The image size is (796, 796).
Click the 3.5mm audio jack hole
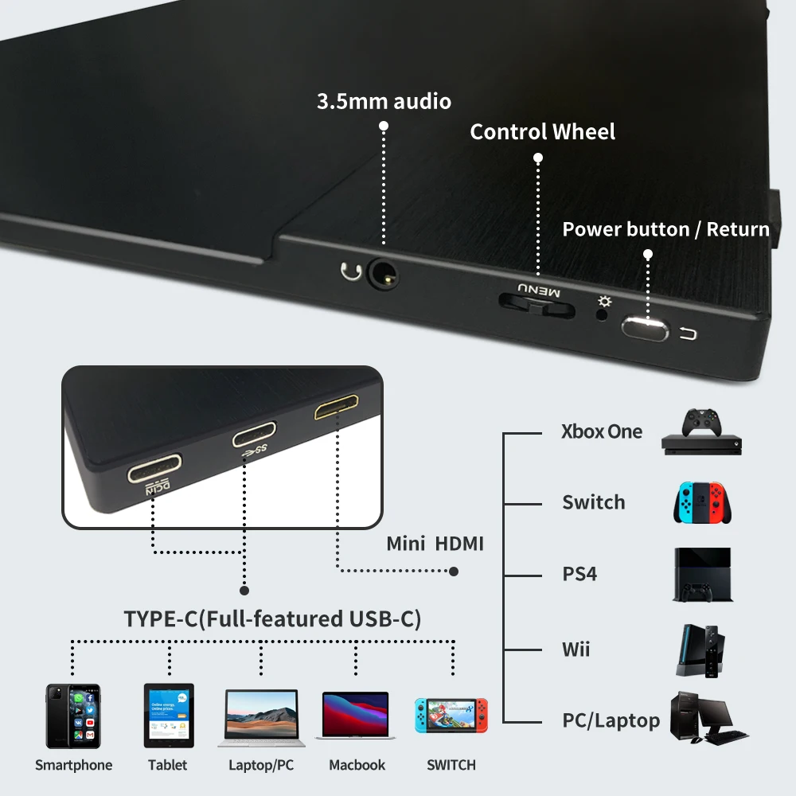[x=384, y=279]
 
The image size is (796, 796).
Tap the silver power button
[x=644, y=328]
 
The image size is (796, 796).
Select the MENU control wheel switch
[x=536, y=304]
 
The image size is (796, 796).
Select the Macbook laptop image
[x=355, y=715]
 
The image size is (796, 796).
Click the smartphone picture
[x=73, y=716]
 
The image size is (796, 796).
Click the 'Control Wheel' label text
[x=542, y=132]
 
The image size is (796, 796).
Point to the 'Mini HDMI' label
[x=435, y=544]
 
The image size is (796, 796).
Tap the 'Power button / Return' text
[x=665, y=229]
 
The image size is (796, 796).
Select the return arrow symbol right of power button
[x=689, y=334]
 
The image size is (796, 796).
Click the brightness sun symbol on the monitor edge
[x=605, y=302]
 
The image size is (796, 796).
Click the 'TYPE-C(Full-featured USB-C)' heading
[x=272, y=619]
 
